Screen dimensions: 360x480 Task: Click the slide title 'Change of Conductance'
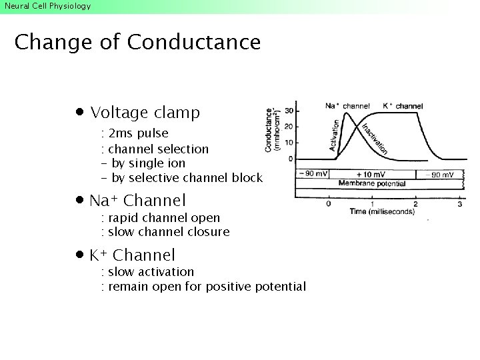click(x=137, y=43)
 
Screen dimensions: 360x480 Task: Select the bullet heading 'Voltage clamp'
click(x=145, y=113)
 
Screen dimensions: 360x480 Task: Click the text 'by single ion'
click(x=148, y=163)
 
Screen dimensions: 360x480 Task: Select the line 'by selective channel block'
click(x=187, y=178)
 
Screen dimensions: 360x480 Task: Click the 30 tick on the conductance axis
click(x=289, y=111)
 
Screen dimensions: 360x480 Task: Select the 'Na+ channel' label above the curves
click(x=347, y=106)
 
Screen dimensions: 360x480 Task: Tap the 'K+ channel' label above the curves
click(x=403, y=106)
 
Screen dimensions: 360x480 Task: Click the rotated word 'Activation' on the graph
click(x=335, y=135)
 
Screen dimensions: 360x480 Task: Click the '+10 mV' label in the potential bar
click(x=370, y=174)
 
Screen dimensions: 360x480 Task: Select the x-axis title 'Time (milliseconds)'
click(x=381, y=212)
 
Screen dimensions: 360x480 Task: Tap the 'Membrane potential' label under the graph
click(x=371, y=183)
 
